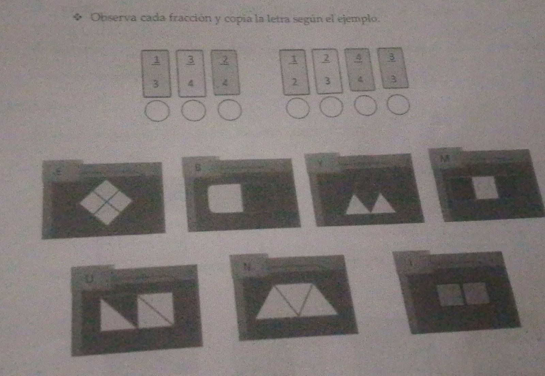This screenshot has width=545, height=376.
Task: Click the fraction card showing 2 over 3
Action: tap(327, 70)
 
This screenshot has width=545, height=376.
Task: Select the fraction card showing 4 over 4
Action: tap(359, 70)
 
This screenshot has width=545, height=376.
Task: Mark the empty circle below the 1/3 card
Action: tap(157, 111)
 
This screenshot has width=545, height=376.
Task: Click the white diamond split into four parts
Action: tap(106, 202)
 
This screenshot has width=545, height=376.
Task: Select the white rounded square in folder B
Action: tap(226, 199)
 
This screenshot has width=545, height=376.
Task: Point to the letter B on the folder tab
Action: tap(198, 167)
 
